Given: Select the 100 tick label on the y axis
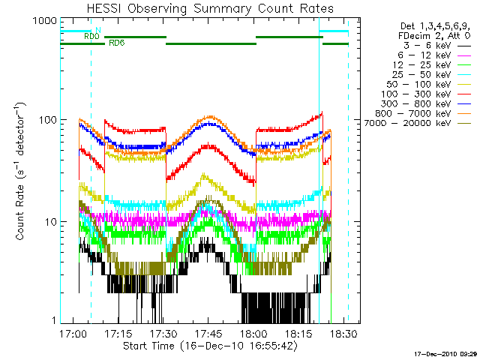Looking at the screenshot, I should point(46,120).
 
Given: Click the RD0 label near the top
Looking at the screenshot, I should point(91,35).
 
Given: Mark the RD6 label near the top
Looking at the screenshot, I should point(116,43).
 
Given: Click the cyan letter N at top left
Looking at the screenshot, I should point(97,29).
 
